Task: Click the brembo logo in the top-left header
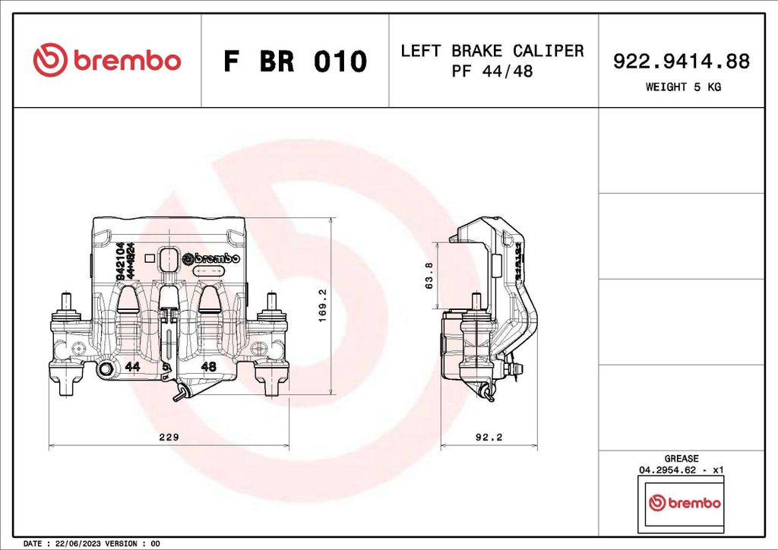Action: (107, 60)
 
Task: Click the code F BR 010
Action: (295, 61)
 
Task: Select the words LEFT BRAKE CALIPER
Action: (492, 51)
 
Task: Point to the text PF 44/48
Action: (492, 71)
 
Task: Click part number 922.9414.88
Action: (682, 62)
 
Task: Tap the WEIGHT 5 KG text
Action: (682, 87)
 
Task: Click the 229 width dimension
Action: (168, 437)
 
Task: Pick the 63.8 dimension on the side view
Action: (429, 276)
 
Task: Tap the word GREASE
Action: (681, 459)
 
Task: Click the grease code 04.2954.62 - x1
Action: (681, 470)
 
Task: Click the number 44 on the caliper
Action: (133, 367)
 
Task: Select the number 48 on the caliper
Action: (209, 367)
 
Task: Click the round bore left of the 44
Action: (106, 368)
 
